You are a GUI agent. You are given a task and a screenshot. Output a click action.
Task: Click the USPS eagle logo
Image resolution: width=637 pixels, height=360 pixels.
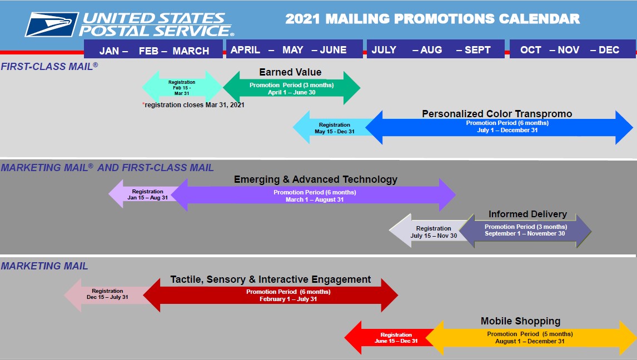[52, 24]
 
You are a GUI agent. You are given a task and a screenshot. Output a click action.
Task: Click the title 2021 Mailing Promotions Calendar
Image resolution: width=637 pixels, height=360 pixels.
[432, 19]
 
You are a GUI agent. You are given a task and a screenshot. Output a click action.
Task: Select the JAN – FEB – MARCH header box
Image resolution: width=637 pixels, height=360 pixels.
[153, 49]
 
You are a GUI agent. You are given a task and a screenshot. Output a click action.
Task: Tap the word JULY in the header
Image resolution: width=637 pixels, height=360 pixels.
[384, 50]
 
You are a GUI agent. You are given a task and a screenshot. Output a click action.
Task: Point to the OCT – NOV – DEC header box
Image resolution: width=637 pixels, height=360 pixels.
[573, 49]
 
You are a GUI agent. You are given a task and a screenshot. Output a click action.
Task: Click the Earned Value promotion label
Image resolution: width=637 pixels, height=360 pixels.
[290, 72]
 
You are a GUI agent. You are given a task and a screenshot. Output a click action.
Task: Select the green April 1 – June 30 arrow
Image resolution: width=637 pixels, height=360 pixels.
[291, 88]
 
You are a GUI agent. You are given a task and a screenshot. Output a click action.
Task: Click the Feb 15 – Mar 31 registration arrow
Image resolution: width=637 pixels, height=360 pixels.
[182, 87]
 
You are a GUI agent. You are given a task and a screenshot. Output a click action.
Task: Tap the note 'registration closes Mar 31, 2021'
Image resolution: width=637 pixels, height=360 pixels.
[193, 104]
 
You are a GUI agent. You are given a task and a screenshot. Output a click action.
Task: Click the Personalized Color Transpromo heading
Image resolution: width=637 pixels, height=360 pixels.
[497, 114]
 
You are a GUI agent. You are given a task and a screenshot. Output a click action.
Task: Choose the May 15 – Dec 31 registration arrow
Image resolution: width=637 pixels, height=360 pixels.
[333, 127]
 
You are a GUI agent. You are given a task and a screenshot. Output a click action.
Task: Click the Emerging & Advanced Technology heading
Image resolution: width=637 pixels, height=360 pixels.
[316, 179]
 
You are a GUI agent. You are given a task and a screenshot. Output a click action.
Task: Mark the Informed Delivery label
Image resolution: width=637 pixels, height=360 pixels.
[527, 214]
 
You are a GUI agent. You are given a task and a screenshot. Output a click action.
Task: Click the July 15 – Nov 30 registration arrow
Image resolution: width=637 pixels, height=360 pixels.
[430, 231]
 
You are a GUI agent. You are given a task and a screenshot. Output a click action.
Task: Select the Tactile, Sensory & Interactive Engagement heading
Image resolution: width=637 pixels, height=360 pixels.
[271, 279]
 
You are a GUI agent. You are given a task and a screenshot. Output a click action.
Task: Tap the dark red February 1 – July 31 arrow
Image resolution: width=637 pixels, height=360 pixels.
[271, 296]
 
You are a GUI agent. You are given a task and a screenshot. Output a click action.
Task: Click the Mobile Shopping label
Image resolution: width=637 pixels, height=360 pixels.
[520, 321]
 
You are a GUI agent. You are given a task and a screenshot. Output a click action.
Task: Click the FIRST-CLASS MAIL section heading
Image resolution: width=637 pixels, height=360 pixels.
[49, 66]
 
